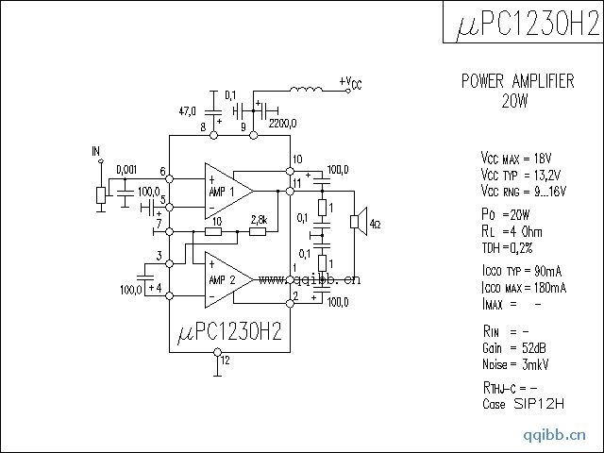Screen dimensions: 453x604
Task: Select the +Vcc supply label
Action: (349, 84)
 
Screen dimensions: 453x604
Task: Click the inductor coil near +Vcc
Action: (305, 91)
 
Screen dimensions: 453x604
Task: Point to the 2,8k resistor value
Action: (259, 220)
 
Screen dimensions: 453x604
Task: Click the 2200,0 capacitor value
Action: (282, 123)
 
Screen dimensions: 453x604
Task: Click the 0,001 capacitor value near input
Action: (126, 170)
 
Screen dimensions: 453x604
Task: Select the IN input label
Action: (95, 151)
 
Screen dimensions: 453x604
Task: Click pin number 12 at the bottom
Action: (225, 359)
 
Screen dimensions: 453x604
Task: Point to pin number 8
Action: (203, 127)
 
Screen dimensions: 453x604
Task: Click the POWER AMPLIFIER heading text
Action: (517, 81)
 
